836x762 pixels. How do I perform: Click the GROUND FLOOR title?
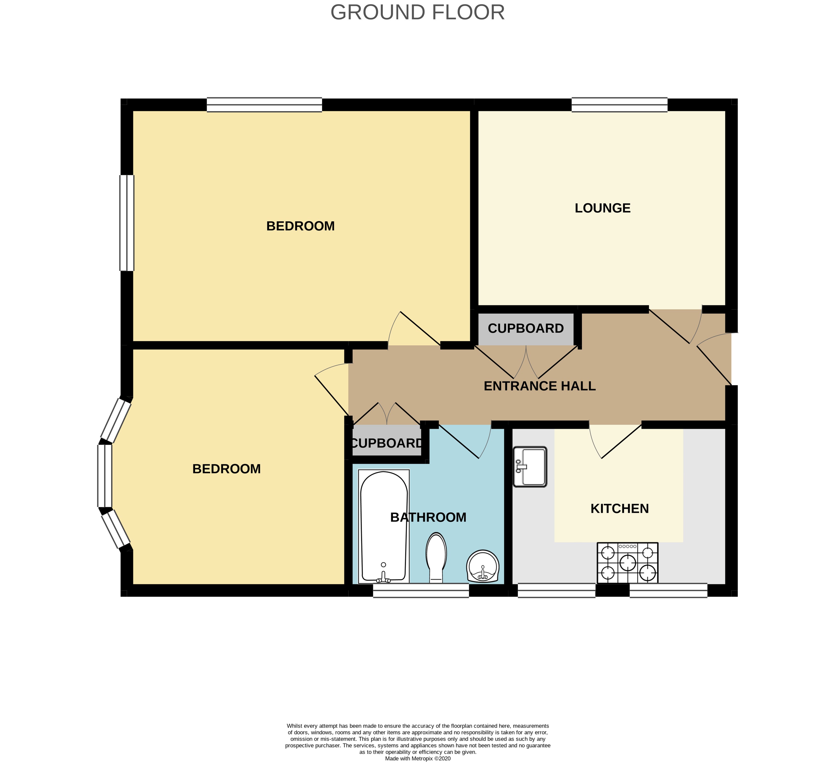418,12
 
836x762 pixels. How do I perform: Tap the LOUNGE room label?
603,208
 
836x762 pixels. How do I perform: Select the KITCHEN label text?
619,509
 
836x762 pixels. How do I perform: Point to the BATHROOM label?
428,517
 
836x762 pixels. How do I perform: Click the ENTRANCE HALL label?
540,386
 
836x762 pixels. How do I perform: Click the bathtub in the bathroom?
384,526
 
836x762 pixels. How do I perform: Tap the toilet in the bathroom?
436,558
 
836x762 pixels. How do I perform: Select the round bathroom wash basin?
482,566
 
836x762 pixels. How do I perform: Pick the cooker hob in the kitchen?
627,563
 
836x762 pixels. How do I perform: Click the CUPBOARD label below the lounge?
526,328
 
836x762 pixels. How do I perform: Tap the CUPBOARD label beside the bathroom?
387,443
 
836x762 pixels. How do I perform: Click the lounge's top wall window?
619,104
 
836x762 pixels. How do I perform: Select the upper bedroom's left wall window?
127,223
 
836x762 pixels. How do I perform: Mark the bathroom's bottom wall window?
421,590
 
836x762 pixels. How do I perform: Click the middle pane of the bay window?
104,475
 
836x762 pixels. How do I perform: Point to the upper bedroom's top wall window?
265,104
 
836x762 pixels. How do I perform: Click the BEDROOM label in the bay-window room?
227,469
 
